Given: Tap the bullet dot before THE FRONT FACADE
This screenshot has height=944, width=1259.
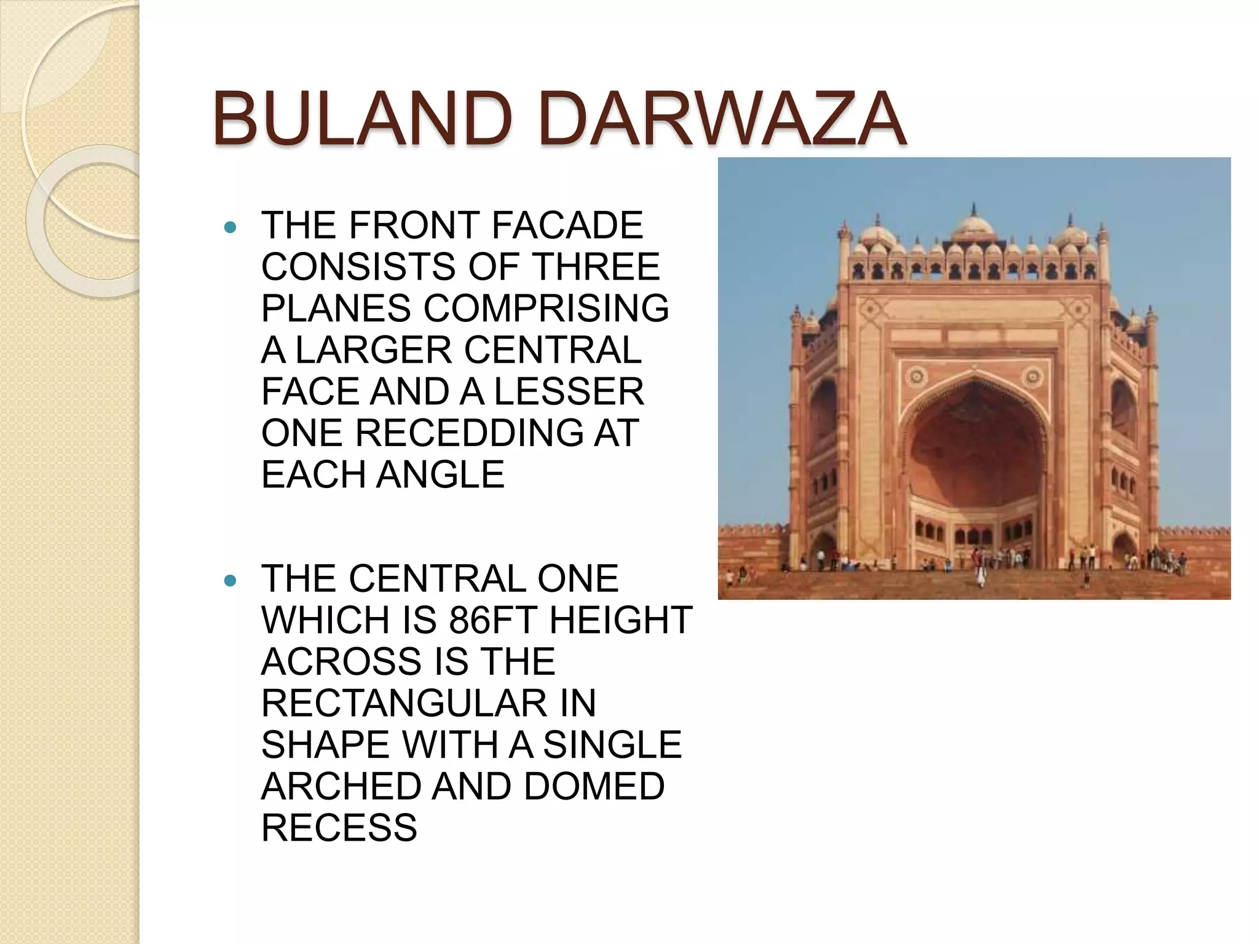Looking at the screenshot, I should coord(231,228).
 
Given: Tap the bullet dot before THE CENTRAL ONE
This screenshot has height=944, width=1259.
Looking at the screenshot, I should coord(231,581).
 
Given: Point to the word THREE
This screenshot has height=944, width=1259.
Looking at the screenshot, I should coord(596,266).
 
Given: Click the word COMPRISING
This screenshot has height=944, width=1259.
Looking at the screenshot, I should coord(546,308).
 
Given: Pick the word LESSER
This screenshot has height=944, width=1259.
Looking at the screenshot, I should coord(569,391).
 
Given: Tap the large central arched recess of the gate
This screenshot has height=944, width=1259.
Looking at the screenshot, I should coord(974,449).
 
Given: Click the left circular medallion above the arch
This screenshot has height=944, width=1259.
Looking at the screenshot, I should coord(916,376).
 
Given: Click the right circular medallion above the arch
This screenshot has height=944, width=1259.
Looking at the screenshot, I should coord(1032,376).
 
